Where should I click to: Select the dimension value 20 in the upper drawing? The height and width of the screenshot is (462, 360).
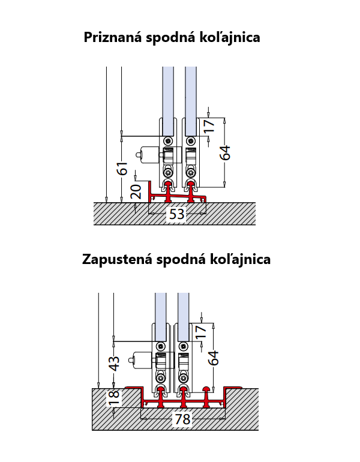(136, 192)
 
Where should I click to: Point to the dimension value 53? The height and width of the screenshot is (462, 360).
(176, 214)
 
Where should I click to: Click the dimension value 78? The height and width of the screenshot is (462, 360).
(182, 419)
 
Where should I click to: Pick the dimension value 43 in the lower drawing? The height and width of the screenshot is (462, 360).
(113, 364)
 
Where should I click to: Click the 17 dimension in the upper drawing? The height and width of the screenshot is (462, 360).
(208, 126)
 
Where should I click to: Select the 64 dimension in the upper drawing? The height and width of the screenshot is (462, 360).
(225, 152)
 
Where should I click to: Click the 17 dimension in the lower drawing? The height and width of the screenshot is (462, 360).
(202, 330)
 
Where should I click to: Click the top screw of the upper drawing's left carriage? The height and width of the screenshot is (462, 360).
(168, 140)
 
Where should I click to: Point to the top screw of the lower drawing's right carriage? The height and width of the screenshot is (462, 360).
(183, 347)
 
